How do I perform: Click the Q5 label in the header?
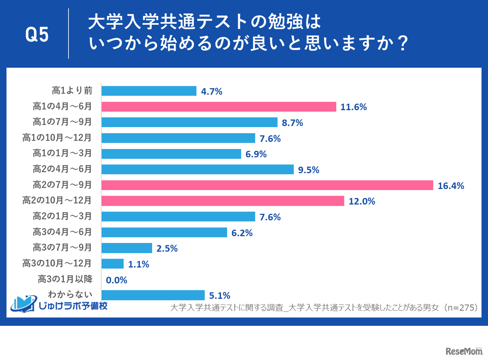click(x=37, y=35)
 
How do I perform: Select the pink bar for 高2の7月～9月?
click(x=267, y=185)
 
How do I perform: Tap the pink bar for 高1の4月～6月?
click(x=218, y=107)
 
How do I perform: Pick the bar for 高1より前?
click(x=149, y=91)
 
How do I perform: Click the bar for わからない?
click(x=153, y=295)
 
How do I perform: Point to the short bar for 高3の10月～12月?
click(x=112, y=264)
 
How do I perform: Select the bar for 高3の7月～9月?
click(x=127, y=248)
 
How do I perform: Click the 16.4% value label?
click(x=451, y=186)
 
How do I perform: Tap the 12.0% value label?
click(x=362, y=202)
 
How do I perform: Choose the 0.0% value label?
click(x=116, y=280)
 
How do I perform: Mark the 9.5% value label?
click(x=308, y=170)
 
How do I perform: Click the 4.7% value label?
click(x=211, y=91)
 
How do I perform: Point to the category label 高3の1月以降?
click(x=65, y=279)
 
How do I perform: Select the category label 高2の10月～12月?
click(x=57, y=201)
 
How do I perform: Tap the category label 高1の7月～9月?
click(x=62, y=122)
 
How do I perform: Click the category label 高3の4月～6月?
click(x=62, y=232)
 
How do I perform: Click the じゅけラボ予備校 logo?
click(x=59, y=304)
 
